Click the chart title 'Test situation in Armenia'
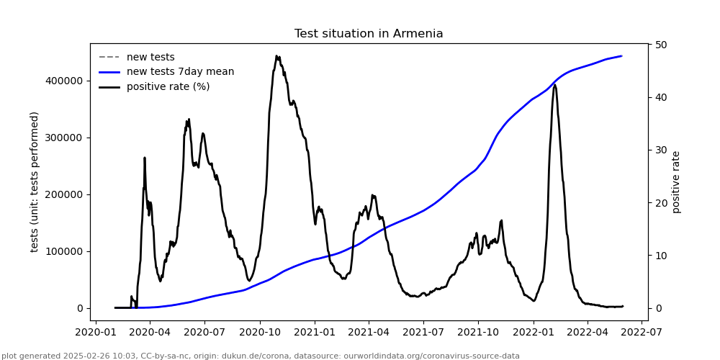tap(369, 34)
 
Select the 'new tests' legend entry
tap(150, 58)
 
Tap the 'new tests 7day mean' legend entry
tap(180, 72)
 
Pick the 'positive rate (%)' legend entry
tap(168, 87)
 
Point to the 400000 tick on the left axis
tap(64, 81)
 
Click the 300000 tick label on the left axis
tap(64, 138)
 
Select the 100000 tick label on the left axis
tap(64, 251)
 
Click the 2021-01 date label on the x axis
tap(314, 333)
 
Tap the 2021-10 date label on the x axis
tap(478, 333)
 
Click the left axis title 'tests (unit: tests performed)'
tap(35, 181)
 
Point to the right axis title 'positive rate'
tap(676, 181)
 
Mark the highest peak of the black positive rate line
tap(276, 55)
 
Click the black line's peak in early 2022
tap(554, 85)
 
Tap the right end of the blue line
tap(622, 56)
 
